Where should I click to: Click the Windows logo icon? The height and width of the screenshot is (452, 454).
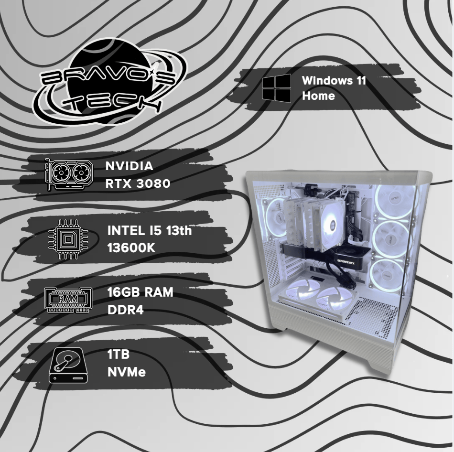point(277,88)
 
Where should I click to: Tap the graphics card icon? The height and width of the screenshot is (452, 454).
point(69,174)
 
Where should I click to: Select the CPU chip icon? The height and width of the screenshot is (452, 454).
point(68,239)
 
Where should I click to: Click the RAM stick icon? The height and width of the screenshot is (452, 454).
point(68,300)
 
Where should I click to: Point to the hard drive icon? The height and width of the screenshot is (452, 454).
point(68,366)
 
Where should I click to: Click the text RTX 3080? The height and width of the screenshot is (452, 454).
point(138,183)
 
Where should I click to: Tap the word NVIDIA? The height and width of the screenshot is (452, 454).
point(129,166)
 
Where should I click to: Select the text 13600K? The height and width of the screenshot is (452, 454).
point(131,248)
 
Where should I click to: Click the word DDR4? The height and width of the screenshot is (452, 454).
point(125,310)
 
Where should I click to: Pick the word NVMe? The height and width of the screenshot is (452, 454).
point(127,372)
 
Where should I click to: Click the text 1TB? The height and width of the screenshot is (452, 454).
point(118,354)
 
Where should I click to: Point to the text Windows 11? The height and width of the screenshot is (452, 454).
point(334,80)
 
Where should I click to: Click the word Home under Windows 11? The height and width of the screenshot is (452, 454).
point(318,96)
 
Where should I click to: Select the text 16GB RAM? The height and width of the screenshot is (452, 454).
point(140,292)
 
